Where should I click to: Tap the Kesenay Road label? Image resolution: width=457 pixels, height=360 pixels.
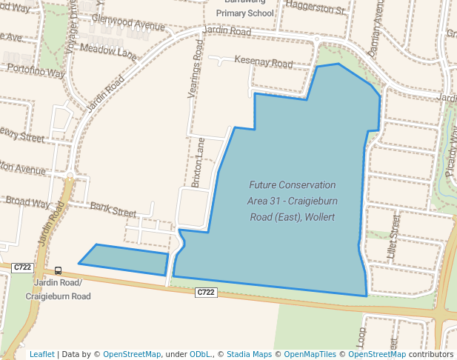pos(263,63)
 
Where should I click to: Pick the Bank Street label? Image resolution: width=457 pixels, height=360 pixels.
pos(113,209)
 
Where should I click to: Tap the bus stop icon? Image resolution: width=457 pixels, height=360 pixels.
pos(59,270)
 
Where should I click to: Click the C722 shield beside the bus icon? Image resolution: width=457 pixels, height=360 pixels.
pos(22,267)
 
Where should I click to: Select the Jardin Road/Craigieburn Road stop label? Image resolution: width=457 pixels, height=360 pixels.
pos(58,290)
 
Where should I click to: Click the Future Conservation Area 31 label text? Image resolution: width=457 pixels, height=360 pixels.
pos(292,201)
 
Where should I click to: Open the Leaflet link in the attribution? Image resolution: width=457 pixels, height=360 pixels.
pos(41,354)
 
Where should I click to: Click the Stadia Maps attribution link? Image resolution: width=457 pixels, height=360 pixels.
pos(249,354)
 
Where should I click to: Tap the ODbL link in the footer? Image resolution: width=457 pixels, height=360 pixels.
pos(199,354)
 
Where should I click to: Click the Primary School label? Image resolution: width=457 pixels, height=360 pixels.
pos(244,13)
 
